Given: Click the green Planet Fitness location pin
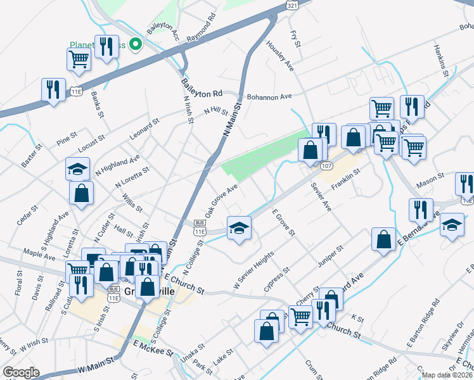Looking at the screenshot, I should coord(134,44).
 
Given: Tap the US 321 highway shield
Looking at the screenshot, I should coord(291,4).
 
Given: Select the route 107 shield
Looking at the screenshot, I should coord(326,166).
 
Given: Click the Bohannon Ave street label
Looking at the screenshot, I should coord(269,96).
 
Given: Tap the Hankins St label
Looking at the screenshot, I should coord(441,60).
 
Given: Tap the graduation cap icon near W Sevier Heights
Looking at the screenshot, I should coord(239,227).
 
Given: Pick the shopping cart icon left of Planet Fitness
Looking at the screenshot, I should coord(79,59).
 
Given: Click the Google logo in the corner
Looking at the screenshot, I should coord(21,372).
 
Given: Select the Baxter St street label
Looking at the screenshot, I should coord(32,155).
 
